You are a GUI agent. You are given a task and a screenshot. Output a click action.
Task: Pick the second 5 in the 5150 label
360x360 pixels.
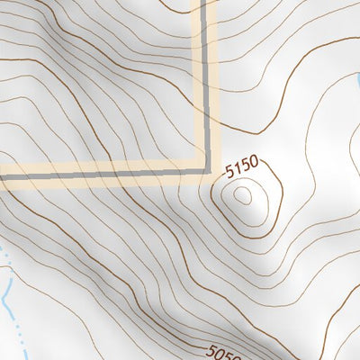pos(246,163)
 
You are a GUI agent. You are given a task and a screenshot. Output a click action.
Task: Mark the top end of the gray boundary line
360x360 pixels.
pos(204,2)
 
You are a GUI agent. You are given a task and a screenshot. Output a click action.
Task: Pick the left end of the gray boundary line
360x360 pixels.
pos(2,177)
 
